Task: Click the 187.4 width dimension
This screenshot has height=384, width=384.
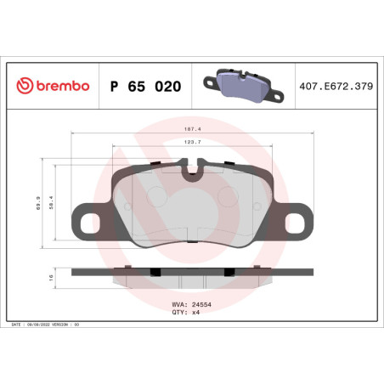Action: point(191,130)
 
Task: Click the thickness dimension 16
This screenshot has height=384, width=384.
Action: point(50,276)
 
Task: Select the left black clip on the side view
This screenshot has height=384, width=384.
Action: point(155,271)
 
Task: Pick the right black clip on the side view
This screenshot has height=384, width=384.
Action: point(229,271)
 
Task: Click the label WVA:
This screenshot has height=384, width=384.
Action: point(179,303)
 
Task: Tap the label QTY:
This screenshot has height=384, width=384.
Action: point(179,312)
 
